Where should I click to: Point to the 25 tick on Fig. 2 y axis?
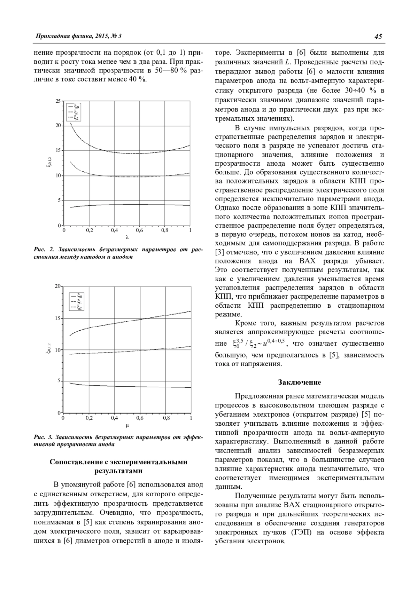coord(57,101)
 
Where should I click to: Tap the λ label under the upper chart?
coord(127,238)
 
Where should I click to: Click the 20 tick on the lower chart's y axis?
coord(57,286)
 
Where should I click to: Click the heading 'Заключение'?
coord(300,382)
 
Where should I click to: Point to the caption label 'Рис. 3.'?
coord(43,437)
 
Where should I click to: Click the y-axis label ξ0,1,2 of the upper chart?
coord(48,163)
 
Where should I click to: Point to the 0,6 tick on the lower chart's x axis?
coord(140,418)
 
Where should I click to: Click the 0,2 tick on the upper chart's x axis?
coord(89,230)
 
